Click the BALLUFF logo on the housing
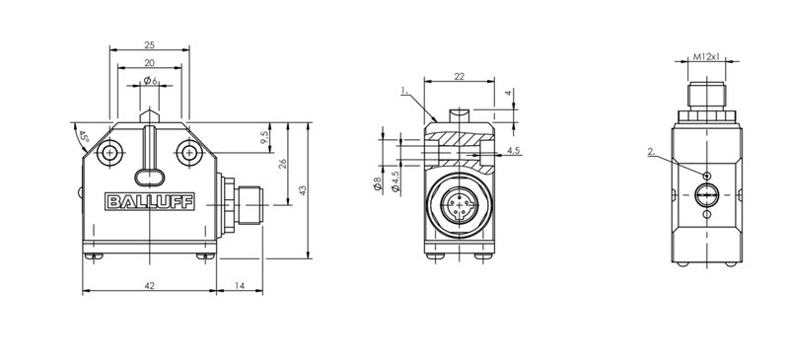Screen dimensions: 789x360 pos(150,202)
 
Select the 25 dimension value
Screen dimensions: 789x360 pos(150,44)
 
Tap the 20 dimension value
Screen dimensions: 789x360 pos(150,62)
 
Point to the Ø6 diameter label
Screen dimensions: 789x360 pos(151,81)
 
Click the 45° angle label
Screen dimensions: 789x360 pos(83,137)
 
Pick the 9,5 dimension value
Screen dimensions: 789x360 pos(265,137)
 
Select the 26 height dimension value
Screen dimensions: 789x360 pos(283,164)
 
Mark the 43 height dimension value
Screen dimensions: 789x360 pos(303,190)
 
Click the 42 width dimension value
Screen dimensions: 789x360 pos(150,285)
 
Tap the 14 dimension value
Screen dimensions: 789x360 pos(240,285)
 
